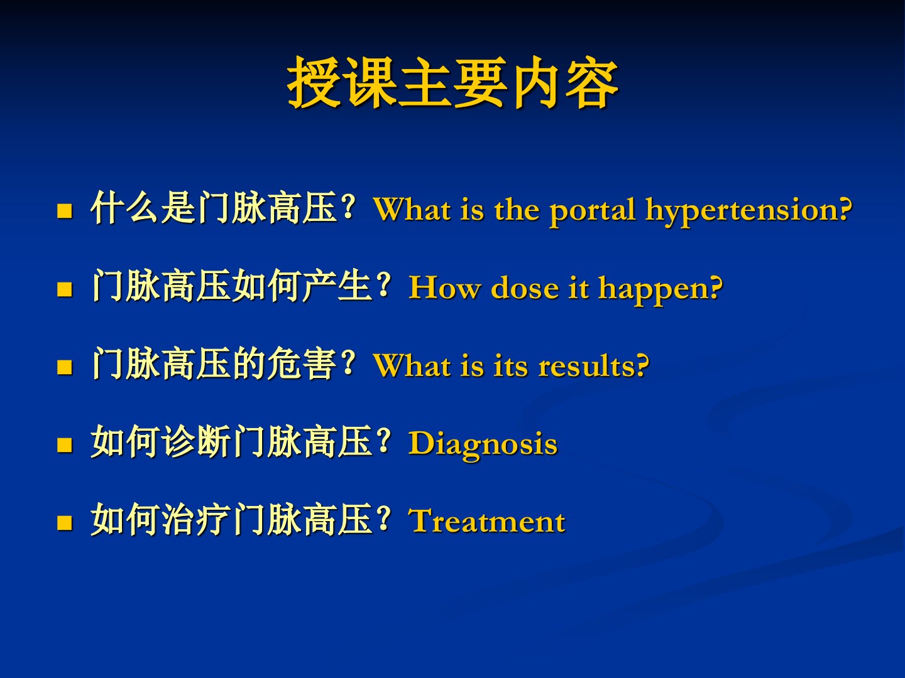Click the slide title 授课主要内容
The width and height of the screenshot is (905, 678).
click(452, 83)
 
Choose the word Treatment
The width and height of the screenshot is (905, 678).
click(486, 521)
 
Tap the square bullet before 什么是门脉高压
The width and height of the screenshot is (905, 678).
click(65, 211)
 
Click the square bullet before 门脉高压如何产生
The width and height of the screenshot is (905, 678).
click(65, 289)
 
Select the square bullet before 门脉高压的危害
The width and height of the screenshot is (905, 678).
click(65, 367)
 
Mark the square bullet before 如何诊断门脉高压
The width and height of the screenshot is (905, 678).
click(65, 444)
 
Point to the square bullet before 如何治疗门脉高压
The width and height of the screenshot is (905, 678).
click(65, 522)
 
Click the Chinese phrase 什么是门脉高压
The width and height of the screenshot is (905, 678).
click(214, 208)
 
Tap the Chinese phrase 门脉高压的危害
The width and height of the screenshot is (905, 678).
click(214, 363)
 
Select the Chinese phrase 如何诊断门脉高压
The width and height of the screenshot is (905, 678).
click(231, 441)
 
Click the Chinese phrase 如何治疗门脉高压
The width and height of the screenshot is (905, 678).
click(231, 519)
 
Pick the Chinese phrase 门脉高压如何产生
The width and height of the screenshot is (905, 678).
click(231, 286)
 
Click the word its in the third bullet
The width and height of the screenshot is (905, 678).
click(510, 366)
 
